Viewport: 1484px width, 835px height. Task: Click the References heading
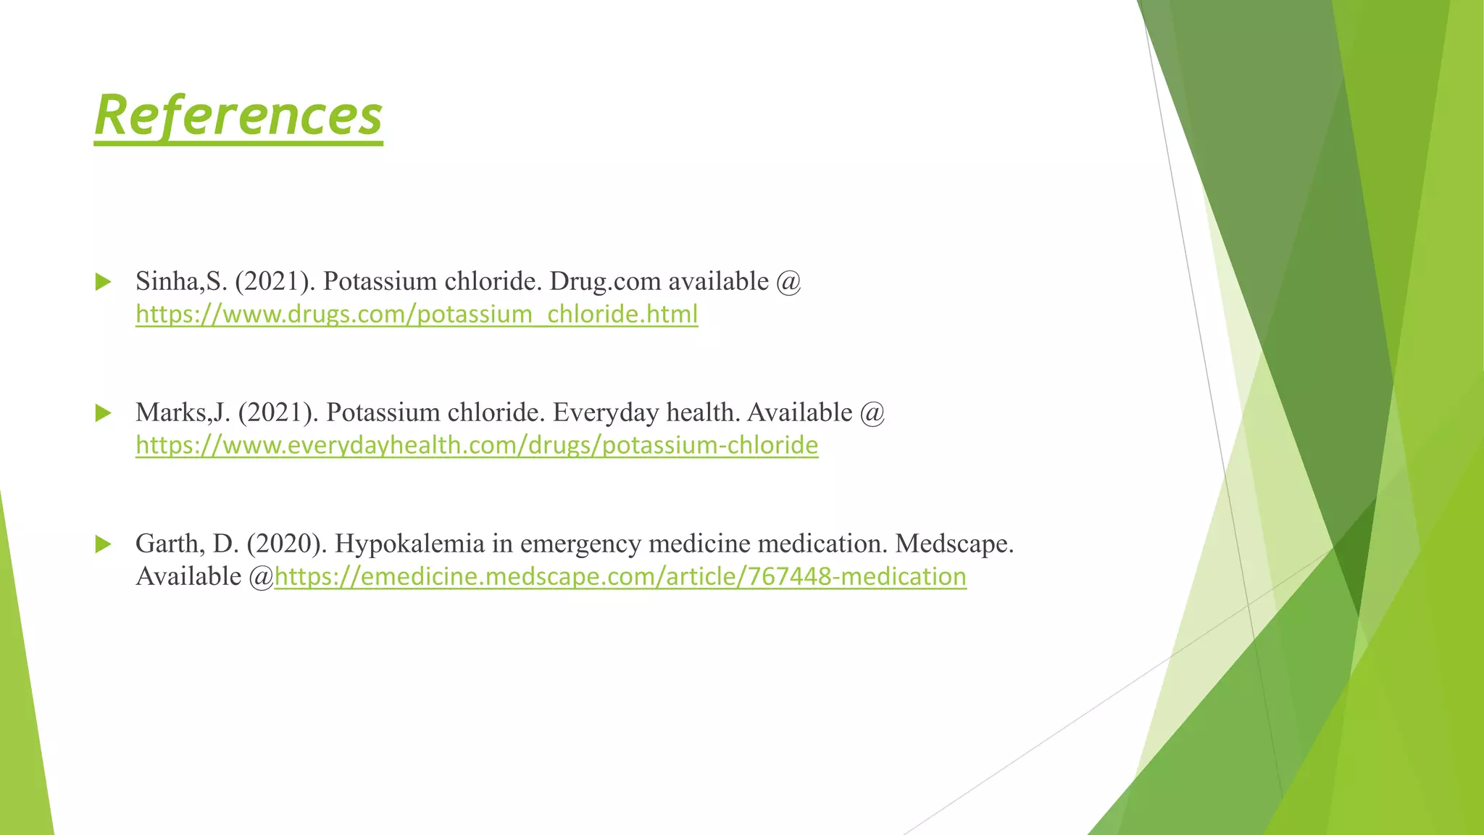click(x=238, y=116)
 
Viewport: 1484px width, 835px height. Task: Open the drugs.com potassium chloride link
click(x=417, y=315)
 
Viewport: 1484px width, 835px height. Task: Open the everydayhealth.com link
click(x=477, y=445)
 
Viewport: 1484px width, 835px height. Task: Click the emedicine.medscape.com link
click(x=620, y=577)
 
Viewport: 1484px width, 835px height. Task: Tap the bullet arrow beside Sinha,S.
click(x=103, y=282)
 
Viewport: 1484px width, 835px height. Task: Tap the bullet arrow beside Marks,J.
click(x=103, y=413)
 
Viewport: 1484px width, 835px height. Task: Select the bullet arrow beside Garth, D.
click(x=103, y=544)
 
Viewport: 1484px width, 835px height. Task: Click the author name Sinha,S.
click(x=181, y=281)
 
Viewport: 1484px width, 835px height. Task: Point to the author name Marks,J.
click(x=183, y=412)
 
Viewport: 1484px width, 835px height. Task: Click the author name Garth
click(x=170, y=544)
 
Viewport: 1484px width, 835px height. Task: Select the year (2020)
click(x=286, y=544)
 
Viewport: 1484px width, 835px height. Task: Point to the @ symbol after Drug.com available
click(x=788, y=281)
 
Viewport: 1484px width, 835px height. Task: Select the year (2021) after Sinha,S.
click(x=275, y=281)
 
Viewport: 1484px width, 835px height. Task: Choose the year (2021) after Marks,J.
click(x=278, y=412)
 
